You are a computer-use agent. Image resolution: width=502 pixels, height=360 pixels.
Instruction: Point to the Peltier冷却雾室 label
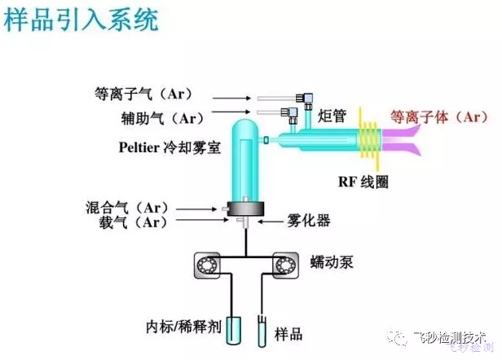(167, 149)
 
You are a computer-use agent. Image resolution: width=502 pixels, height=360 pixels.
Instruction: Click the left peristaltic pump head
(206, 266)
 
